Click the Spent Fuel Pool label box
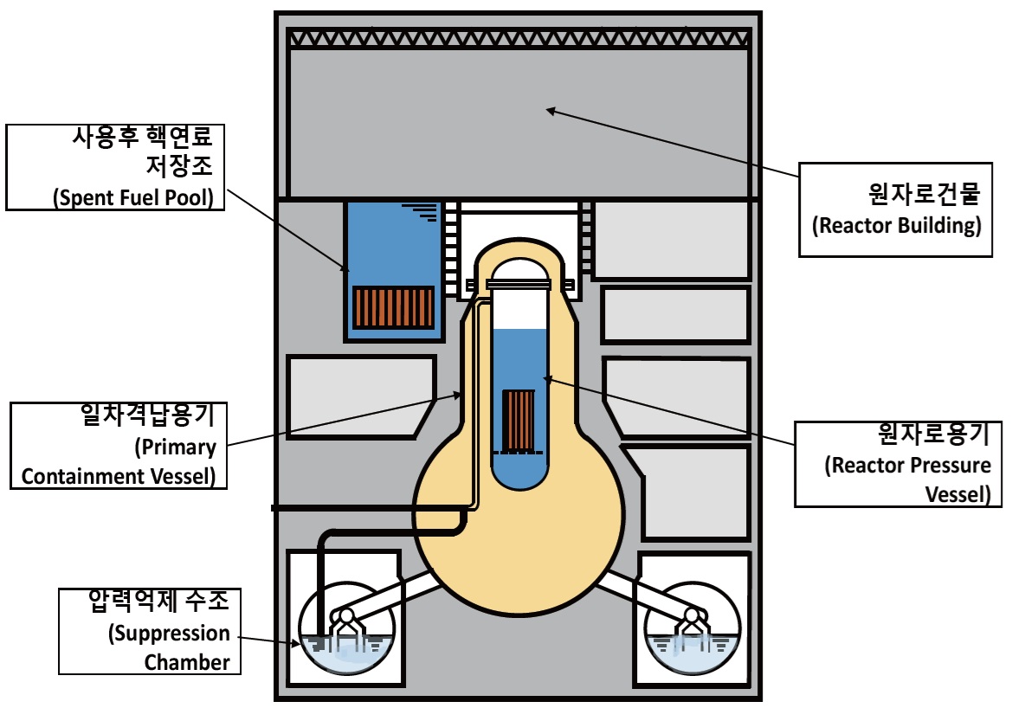[x=115, y=167]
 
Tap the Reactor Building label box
[x=895, y=209]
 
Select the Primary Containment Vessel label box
[x=119, y=446]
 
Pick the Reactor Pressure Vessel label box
[x=898, y=464]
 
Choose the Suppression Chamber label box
[x=150, y=631]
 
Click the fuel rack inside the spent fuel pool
[x=393, y=307]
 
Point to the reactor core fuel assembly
[x=519, y=421]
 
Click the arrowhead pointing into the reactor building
[x=551, y=111]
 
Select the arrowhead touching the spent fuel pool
[x=345, y=267]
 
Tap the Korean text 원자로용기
[x=934, y=434]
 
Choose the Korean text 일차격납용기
[x=147, y=415]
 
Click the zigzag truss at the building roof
[x=519, y=38]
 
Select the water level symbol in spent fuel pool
[x=422, y=212]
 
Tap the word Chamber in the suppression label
[x=187, y=662]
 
